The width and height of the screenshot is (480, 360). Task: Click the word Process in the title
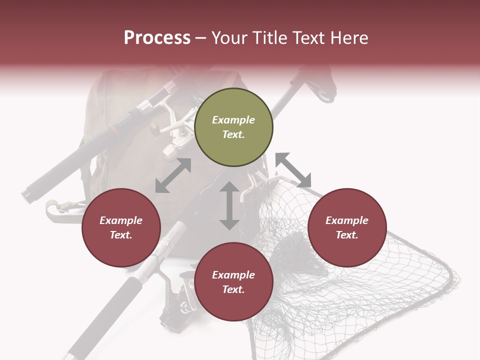point(157,38)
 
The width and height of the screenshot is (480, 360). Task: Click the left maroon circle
point(121,228)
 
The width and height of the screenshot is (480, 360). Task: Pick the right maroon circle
point(347,228)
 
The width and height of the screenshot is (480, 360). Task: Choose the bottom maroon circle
point(233,282)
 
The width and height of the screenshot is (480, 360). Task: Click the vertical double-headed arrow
point(229,206)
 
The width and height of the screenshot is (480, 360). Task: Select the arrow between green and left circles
point(173,175)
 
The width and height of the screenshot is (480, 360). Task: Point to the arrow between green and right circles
point(293,170)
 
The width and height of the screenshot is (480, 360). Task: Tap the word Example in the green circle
point(233,120)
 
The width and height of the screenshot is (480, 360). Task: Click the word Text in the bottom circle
point(233,289)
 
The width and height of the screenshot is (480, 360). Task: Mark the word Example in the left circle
point(121,220)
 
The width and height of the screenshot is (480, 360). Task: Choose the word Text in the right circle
point(347,235)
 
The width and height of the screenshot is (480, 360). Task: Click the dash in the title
point(200,38)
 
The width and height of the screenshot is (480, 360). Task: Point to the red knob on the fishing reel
point(154,129)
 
